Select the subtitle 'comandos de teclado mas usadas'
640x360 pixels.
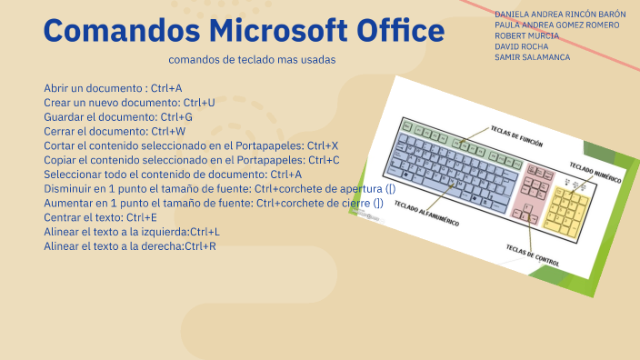coord(252,59)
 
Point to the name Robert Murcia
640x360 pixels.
coord(527,35)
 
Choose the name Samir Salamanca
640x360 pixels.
coord(533,56)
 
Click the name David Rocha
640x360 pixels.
coord(522,45)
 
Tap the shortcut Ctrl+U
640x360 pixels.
coord(198,103)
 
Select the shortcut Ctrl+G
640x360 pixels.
coord(176,117)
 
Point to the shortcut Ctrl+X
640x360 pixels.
coord(322,145)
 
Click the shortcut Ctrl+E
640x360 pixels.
coord(142,217)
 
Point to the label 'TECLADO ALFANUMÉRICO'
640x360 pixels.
coord(427,217)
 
